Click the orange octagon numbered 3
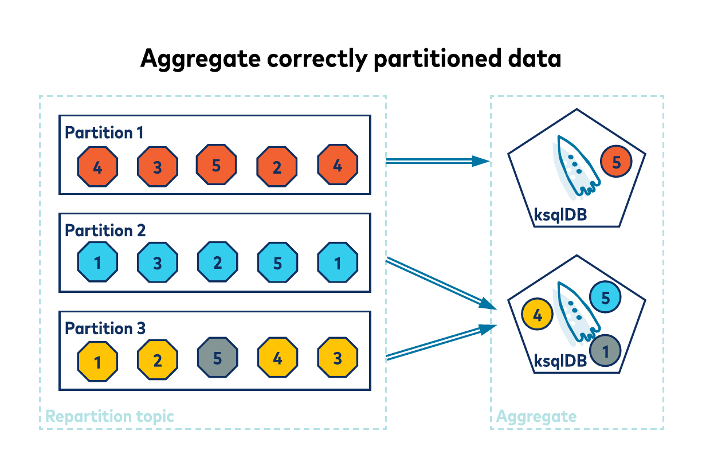[x=158, y=167]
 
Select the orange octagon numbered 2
[x=277, y=167]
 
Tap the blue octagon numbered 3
[x=158, y=263]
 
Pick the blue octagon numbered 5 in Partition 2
[x=277, y=263]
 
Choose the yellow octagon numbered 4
[x=277, y=360]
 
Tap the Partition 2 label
[x=105, y=230]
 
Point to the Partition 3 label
[x=105, y=328]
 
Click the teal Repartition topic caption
[x=109, y=416]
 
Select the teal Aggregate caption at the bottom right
[x=536, y=416]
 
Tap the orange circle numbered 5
[x=616, y=162]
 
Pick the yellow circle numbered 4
[x=538, y=314]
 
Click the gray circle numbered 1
[x=606, y=349]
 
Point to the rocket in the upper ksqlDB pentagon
[x=575, y=164]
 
